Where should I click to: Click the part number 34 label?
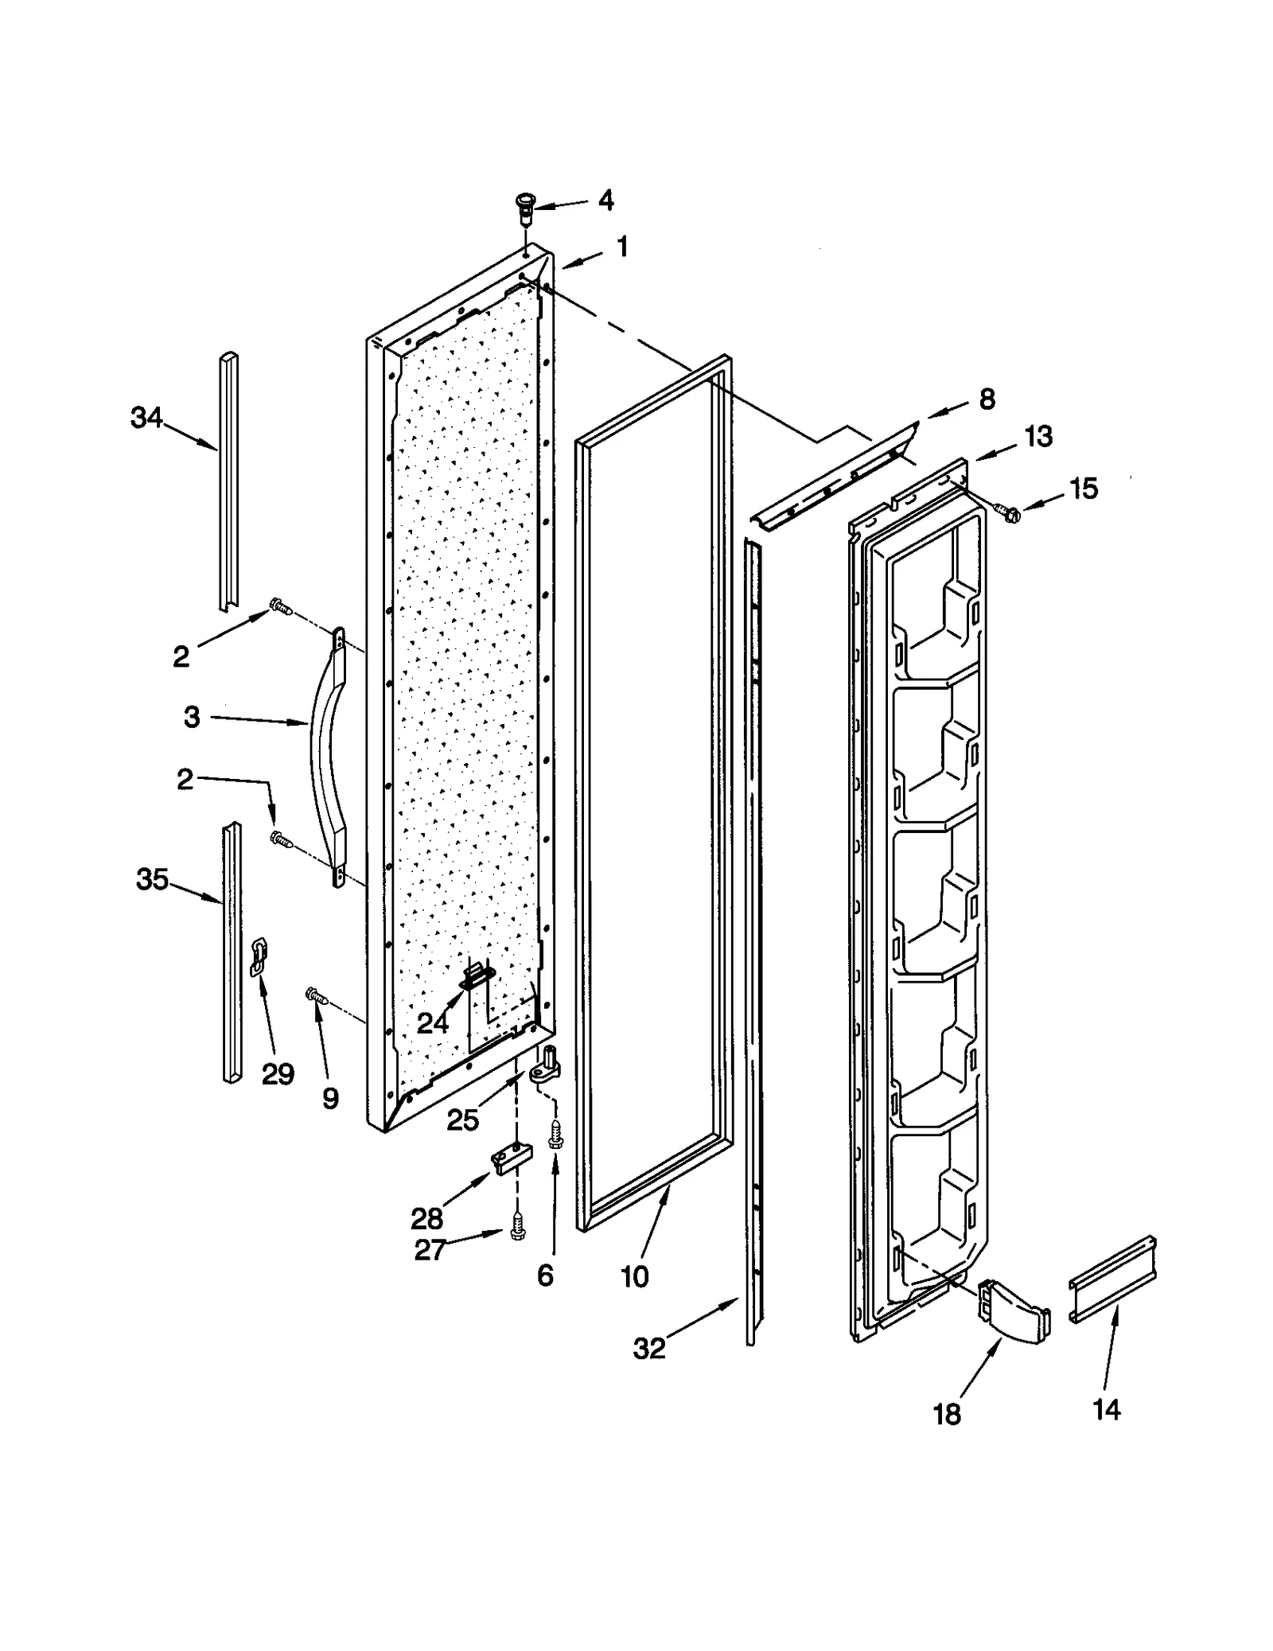click(146, 417)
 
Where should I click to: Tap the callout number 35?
click(152, 879)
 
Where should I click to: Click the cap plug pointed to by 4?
click(524, 208)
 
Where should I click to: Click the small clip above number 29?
click(259, 956)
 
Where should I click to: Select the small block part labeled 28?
click(510, 1158)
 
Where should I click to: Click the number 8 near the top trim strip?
click(987, 399)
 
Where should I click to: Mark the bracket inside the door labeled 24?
click(477, 975)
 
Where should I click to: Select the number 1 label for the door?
click(622, 247)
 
